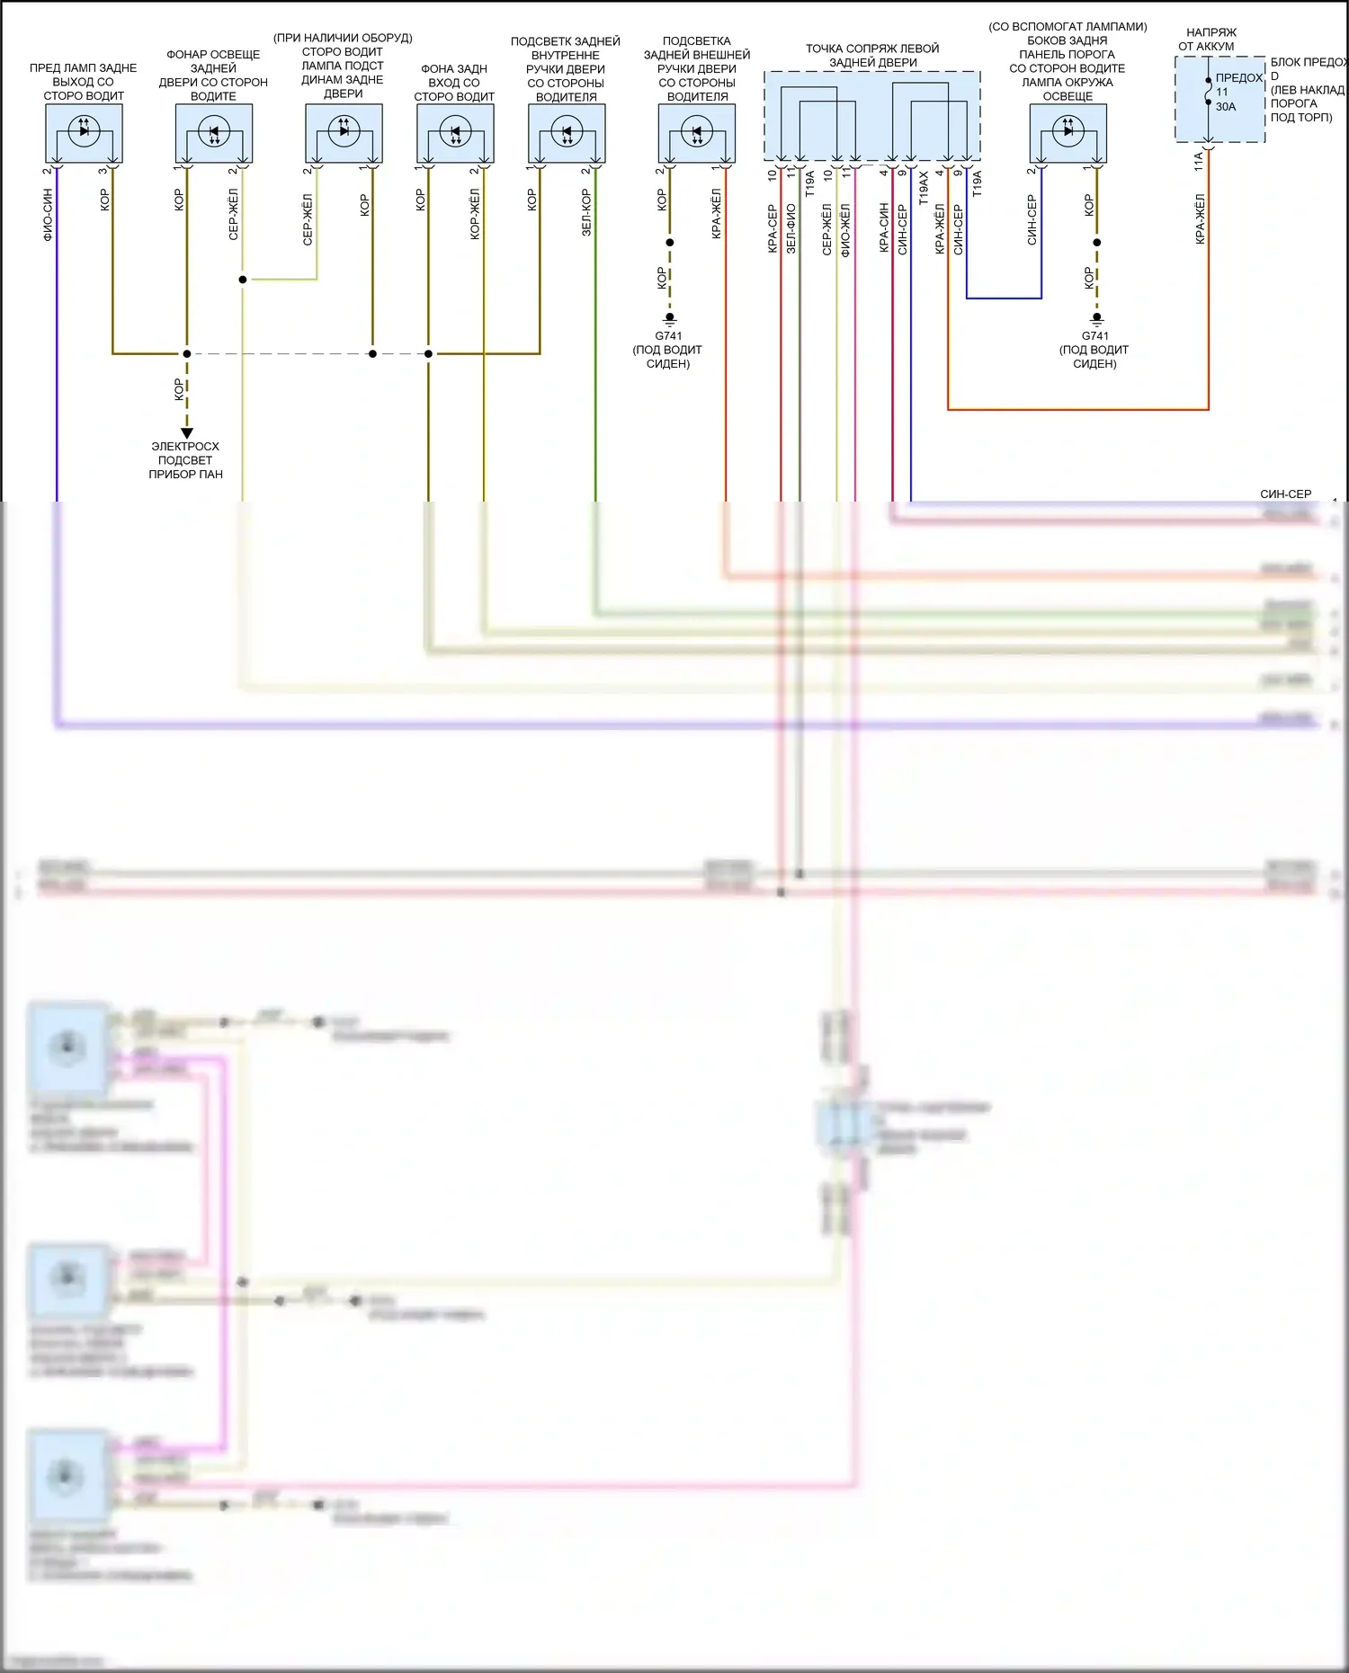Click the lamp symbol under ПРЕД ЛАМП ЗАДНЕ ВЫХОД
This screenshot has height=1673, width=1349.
coord(84,131)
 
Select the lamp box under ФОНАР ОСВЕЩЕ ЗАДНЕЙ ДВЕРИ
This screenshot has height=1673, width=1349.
coord(214,133)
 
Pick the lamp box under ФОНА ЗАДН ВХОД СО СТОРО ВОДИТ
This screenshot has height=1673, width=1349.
coord(455,133)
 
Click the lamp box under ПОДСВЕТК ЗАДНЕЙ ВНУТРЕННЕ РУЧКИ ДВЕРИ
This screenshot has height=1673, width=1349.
coord(567,133)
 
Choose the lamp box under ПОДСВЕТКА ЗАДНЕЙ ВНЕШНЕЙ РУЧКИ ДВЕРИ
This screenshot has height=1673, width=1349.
coord(697,133)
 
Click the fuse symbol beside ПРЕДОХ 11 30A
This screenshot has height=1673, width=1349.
coord(1209,91)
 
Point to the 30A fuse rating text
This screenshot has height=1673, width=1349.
coord(1226,107)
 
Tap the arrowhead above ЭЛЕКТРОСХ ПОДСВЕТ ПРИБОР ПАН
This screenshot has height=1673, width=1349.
coord(187,433)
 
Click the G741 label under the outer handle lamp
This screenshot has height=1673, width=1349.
coord(668,336)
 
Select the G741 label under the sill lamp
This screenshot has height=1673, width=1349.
coord(1094,336)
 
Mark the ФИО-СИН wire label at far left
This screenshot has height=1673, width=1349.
coord(48,217)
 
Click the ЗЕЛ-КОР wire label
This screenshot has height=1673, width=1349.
coord(586,213)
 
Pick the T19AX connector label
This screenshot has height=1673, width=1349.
coord(923,190)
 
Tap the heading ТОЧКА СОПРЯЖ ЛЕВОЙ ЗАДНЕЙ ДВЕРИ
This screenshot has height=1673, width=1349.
coord(872,56)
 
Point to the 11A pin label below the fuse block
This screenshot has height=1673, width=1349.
coord(1199,162)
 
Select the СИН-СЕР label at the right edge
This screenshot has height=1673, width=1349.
coord(1285,494)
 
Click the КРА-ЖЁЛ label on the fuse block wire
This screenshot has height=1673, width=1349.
coord(1200,219)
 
